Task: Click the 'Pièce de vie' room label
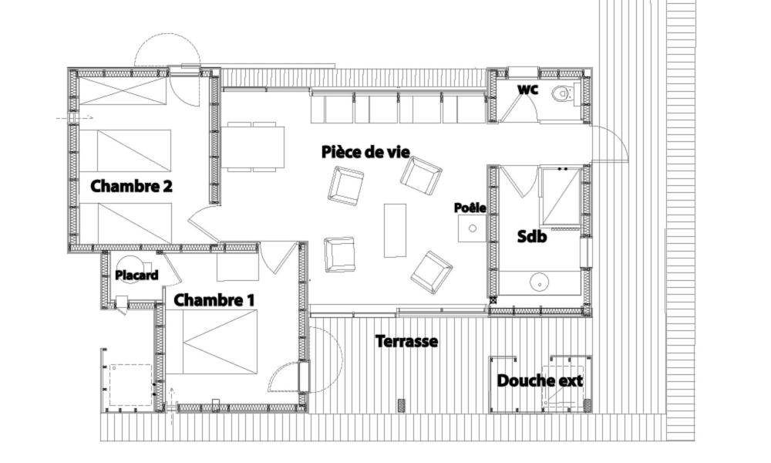[365, 152]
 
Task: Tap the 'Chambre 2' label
[131, 187]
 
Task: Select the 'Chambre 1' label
[214, 299]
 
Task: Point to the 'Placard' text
[136, 275]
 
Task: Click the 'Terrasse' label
[406, 341]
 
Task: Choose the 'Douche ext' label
[540, 380]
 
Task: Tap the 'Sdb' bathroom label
[531, 237]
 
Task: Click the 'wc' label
[527, 90]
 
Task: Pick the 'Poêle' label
[470, 208]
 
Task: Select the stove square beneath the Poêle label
[472, 228]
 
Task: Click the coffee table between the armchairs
[396, 230]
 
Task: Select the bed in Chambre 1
[221, 341]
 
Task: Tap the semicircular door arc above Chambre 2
[167, 39]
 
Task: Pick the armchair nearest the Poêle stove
[422, 176]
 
